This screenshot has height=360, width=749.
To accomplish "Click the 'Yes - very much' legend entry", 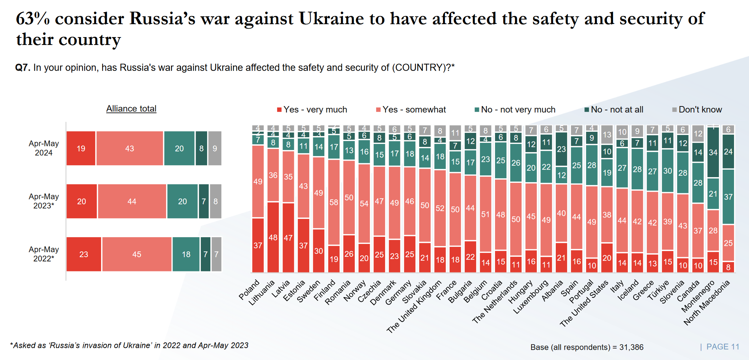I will (312, 110).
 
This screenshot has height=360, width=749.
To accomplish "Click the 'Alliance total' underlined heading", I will (131, 109).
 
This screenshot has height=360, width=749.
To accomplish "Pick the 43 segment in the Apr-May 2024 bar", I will (130, 149).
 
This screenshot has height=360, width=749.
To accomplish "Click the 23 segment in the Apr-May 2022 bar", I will (84, 254).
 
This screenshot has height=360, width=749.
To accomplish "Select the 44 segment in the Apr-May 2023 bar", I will (132, 201).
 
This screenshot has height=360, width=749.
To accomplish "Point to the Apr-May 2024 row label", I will (44, 148).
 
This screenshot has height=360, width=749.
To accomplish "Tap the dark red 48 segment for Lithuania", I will (273, 237).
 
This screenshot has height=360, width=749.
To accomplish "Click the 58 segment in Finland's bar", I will (334, 202).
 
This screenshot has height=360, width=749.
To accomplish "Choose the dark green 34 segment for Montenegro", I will (713, 152).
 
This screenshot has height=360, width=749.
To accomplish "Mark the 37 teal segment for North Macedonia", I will (728, 197).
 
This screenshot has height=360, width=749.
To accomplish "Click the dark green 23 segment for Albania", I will (561, 149).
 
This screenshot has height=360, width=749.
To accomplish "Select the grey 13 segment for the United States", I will (607, 135).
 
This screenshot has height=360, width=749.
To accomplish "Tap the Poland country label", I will (249, 290).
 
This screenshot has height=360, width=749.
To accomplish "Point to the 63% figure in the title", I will (33, 19).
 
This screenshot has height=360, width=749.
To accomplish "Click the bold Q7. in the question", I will (23, 67).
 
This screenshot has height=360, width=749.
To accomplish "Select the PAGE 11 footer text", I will (723, 347).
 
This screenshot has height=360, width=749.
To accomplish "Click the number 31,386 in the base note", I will (631, 347).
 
